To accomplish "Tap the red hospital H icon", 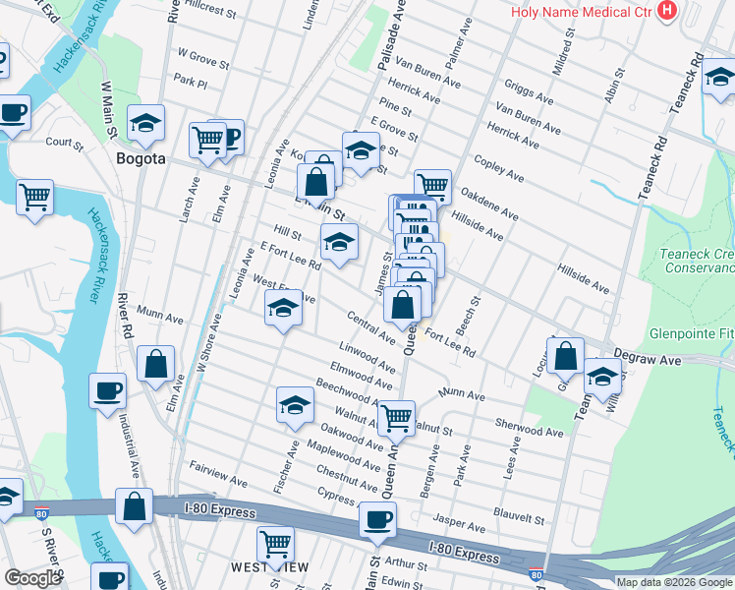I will pyautogui.click(x=668, y=12).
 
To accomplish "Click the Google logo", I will pyautogui.click(x=32, y=578).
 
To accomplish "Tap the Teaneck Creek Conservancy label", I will pyautogui.click(x=697, y=261).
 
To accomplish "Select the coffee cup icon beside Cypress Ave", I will pyautogui.click(x=376, y=519).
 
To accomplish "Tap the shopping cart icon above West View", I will pyautogui.click(x=275, y=542).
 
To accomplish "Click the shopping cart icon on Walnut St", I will pyautogui.click(x=396, y=417).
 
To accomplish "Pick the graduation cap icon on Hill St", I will pyautogui.click(x=339, y=241).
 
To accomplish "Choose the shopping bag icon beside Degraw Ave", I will pyautogui.click(x=566, y=356).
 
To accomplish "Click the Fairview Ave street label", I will pyautogui.click(x=218, y=478).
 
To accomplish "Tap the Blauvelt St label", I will pyautogui.click(x=519, y=517).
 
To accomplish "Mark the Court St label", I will pyautogui.click(x=64, y=142).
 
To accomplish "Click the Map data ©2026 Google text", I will pyautogui.click(x=673, y=582).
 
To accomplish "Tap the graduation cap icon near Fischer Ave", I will pyautogui.click(x=296, y=405).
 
